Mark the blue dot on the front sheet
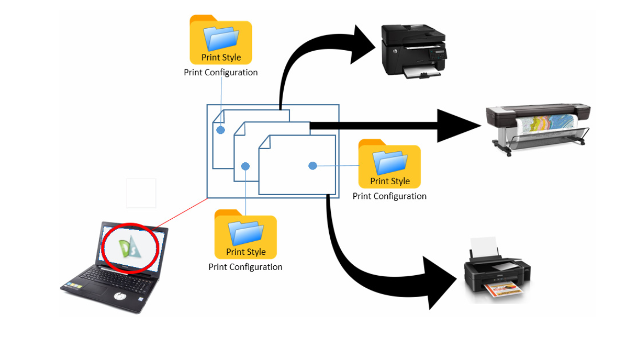click(x=312, y=166)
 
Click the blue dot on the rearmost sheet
click(x=221, y=129)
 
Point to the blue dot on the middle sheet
click(x=245, y=166)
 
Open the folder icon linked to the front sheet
click(x=389, y=164)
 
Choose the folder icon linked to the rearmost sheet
click(x=221, y=40)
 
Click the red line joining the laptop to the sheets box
click(x=181, y=214)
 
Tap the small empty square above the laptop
click(x=141, y=193)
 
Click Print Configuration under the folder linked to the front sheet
click(x=389, y=196)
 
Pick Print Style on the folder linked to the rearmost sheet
click(x=221, y=58)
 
